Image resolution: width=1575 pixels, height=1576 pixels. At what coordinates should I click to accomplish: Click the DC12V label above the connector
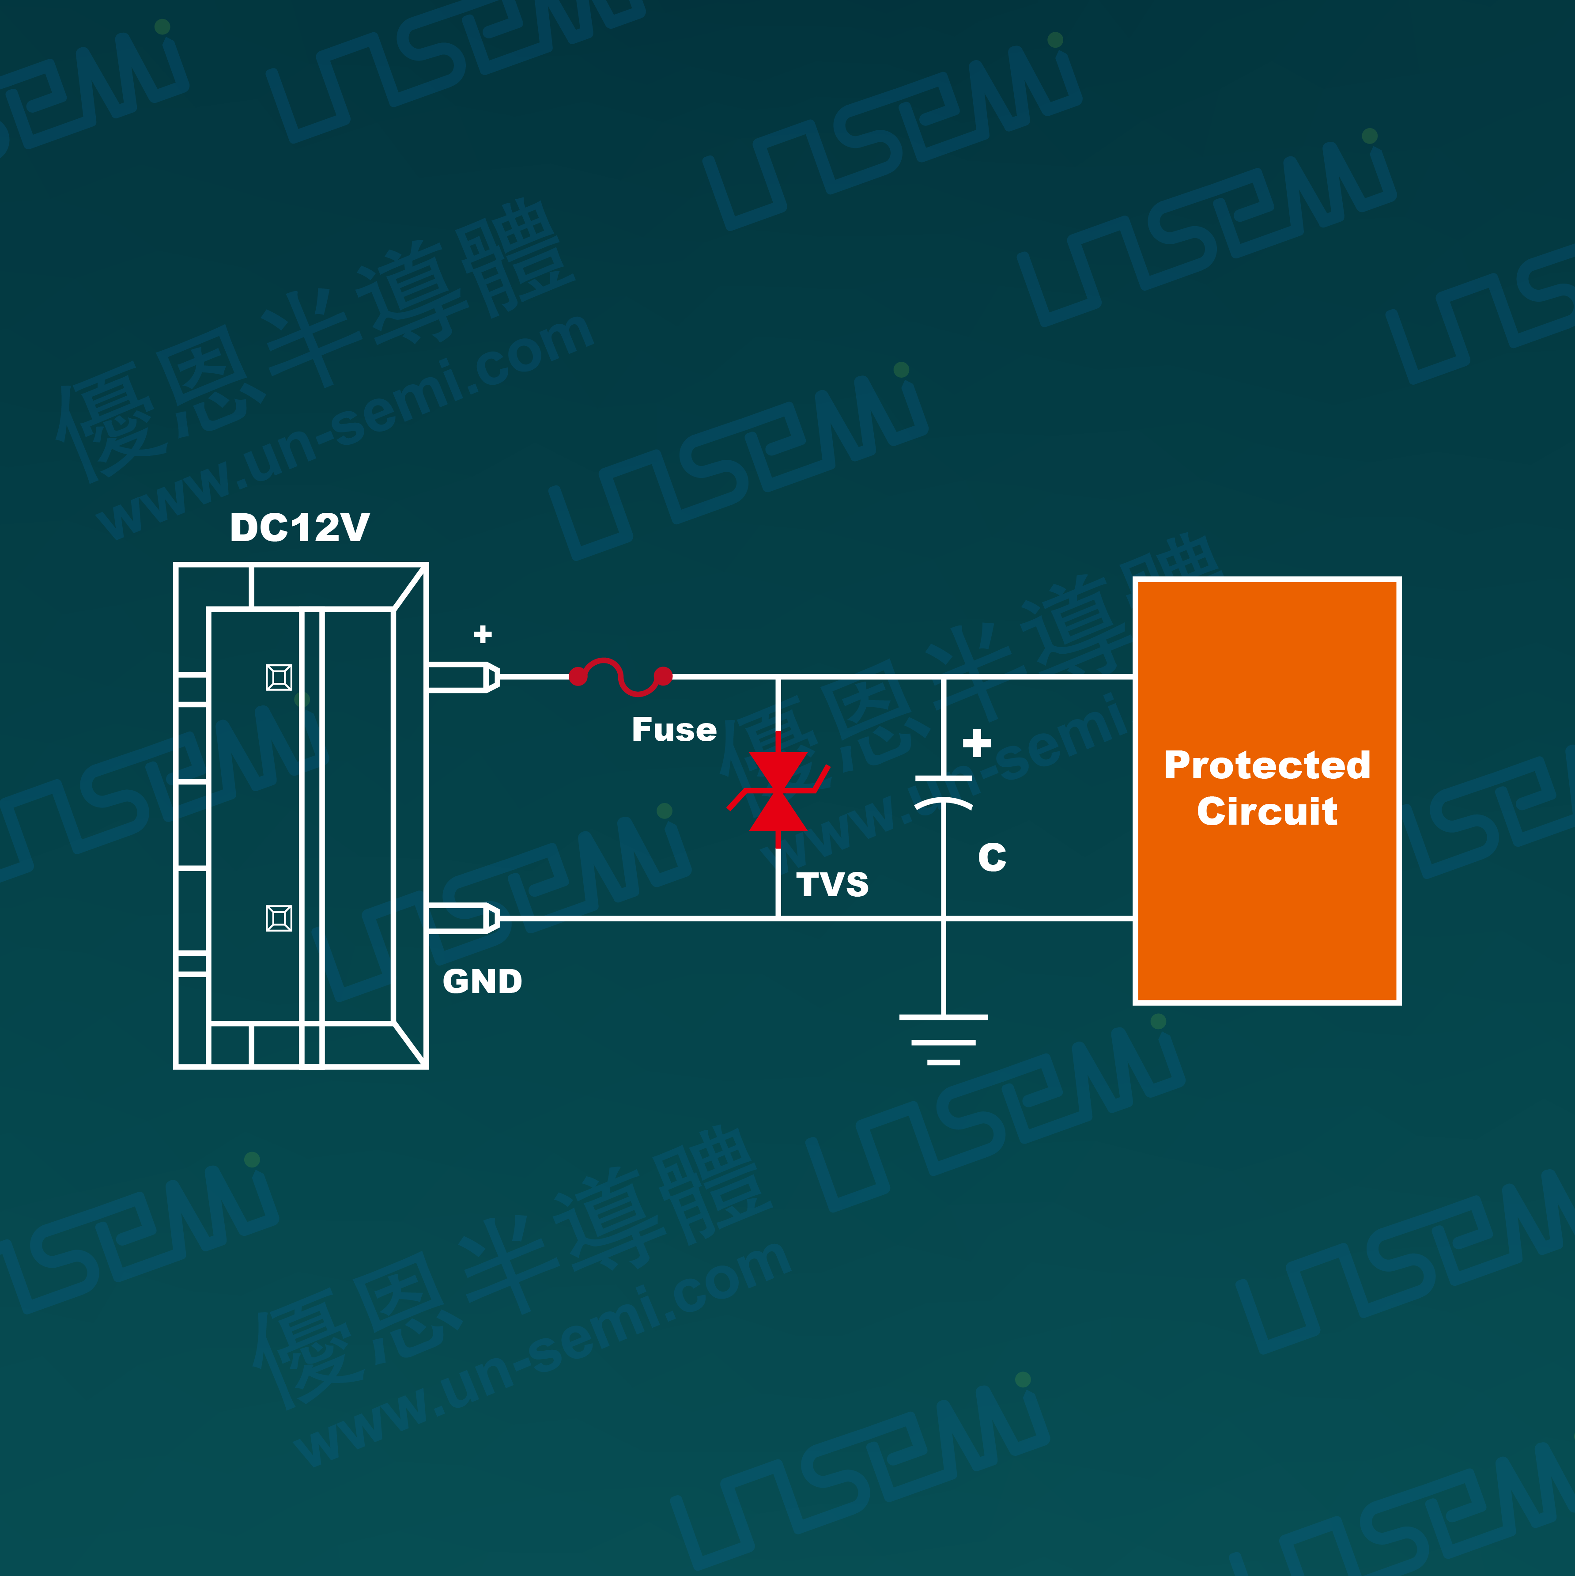click(x=299, y=528)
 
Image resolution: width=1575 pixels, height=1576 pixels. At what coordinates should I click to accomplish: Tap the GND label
click(x=482, y=981)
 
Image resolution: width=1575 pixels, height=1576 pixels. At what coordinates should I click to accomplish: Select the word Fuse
click(x=674, y=729)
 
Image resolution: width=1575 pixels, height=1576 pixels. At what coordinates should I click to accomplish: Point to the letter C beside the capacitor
click(x=992, y=857)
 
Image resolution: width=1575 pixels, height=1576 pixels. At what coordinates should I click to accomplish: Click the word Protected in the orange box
click(x=1267, y=765)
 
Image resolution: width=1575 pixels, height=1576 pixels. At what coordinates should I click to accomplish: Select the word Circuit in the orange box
click(x=1267, y=812)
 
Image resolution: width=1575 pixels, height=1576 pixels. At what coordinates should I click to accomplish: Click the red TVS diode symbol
click(x=778, y=791)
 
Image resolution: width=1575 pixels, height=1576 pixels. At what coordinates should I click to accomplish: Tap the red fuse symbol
click(x=621, y=676)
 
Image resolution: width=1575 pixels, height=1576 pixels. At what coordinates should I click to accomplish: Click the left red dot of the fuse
click(x=578, y=676)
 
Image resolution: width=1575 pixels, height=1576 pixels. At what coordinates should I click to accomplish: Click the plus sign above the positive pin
click(x=483, y=634)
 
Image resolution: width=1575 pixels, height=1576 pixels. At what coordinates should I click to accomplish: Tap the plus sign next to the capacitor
click(x=976, y=743)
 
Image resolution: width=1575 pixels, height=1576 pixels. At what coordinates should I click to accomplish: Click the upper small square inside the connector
click(x=279, y=677)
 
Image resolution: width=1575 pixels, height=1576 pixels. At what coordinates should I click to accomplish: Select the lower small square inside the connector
click(x=279, y=918)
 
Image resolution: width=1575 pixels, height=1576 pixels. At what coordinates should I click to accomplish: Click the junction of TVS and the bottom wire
click(x=778, y=918)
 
